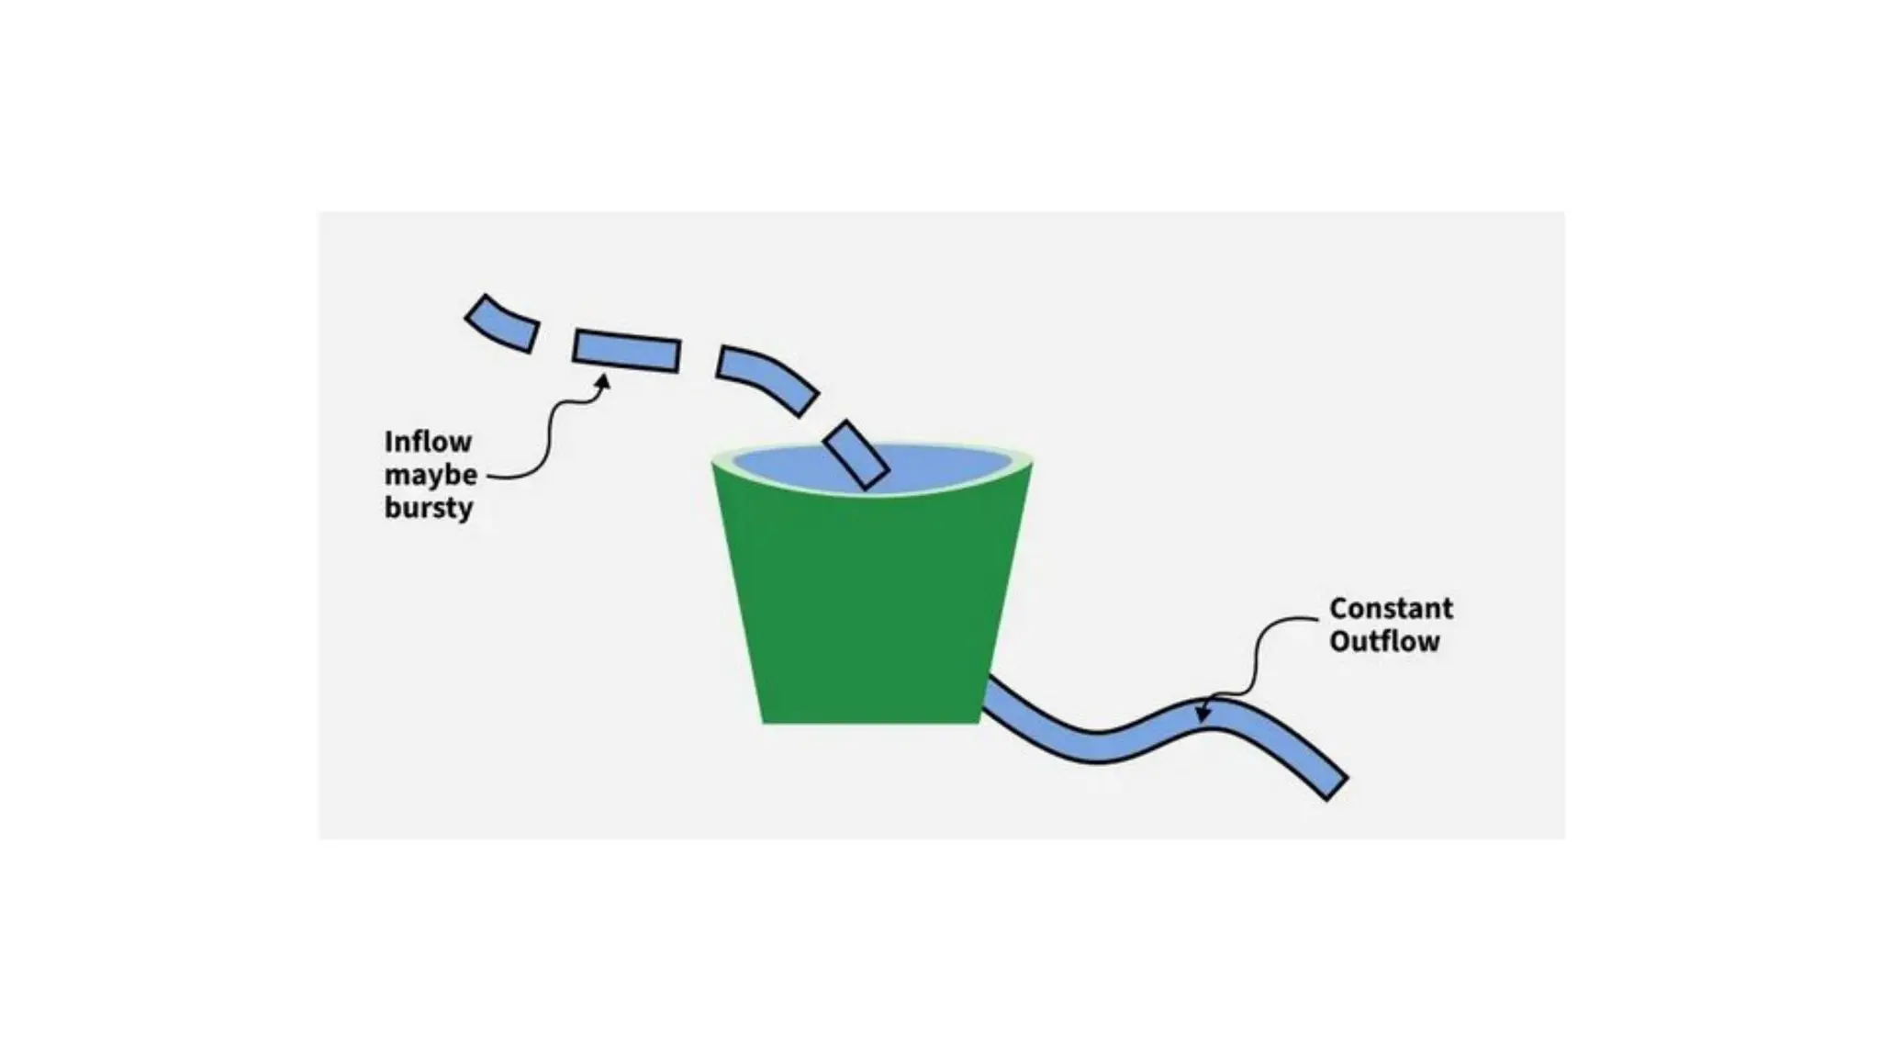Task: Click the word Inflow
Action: tap(428, 442)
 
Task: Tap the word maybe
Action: tap(431, 475)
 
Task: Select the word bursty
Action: tap(428, 507)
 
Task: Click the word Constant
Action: tap(1391, 608)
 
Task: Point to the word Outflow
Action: tap(1384, 641)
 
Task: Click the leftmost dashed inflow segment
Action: tap(501, 323)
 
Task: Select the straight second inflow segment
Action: tap(627, 351)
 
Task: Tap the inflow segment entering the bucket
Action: tap(856, 455)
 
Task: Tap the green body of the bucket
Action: tap(872, 606)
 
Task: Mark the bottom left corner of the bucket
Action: tap(764, 723)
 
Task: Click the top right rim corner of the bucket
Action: tap(1032, 462)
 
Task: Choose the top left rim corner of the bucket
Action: tap(713, 462)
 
